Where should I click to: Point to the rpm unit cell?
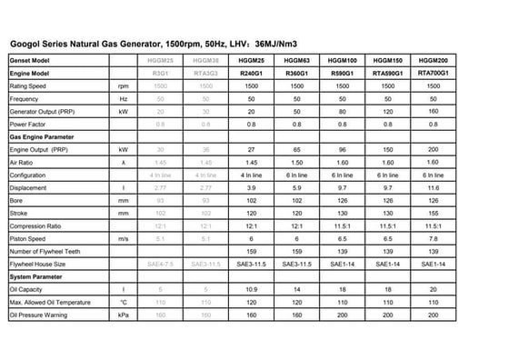point(122,85)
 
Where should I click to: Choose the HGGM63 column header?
point(294,60)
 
